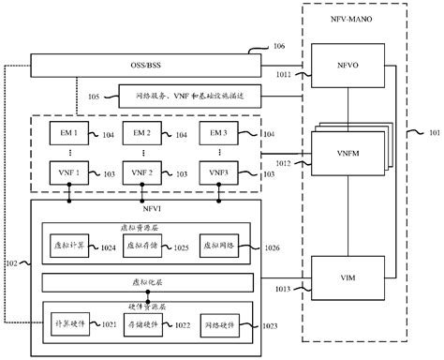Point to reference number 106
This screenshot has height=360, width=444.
pyautogui.click(x=279, y=46)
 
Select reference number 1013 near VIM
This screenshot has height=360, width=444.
pyautogui.click(x=283, y=291)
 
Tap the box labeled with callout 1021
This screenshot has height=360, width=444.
pyautogui.click(x=71, y=324)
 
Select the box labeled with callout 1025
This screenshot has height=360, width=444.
pyautogui.click(x=142, y=247)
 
